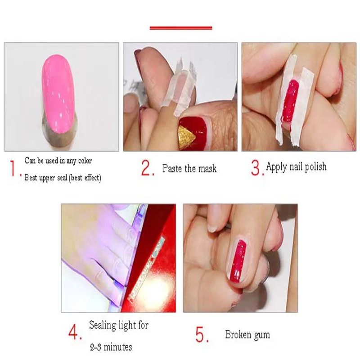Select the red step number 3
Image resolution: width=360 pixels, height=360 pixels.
point(256,167)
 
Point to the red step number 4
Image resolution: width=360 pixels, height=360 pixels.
point(75,333)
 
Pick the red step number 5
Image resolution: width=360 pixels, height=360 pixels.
point(201,334)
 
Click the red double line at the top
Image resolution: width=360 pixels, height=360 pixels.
point(180,28)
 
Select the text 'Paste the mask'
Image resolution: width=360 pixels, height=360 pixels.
point(189,169)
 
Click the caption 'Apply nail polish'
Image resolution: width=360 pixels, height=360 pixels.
point(296,167)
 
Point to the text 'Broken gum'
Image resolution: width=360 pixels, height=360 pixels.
point(247,335)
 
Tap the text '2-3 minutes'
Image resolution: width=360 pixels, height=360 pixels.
point(110,347)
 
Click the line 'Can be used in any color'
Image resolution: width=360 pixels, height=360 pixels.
point(58,161)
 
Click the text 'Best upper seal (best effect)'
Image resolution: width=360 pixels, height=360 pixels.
point(63,178)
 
